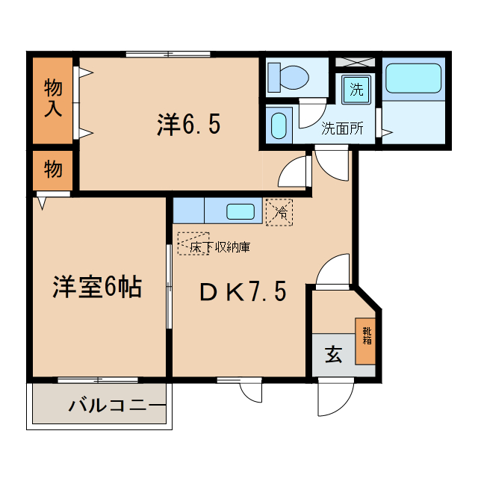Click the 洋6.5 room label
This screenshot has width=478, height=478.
click(x=188, y=124)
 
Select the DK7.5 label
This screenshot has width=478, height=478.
click(x=242, y=292)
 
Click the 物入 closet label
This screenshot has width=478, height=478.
click(x=52, y=99)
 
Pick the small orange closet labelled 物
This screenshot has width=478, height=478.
click(x=52, y=170)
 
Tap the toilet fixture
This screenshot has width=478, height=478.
click(x=292, y=76)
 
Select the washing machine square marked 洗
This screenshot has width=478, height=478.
click(x=356, y=90)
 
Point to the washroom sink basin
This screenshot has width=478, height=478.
click(x=279, y=125)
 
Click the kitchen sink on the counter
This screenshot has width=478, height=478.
click(x=240, y=211)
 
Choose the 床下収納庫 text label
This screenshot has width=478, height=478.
click(x=219, y=246)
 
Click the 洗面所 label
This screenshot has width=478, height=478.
click(x=342, y=128)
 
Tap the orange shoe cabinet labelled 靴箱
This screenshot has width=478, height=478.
click(x=366, y=341)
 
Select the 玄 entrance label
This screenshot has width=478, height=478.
click(x=332, y=355)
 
